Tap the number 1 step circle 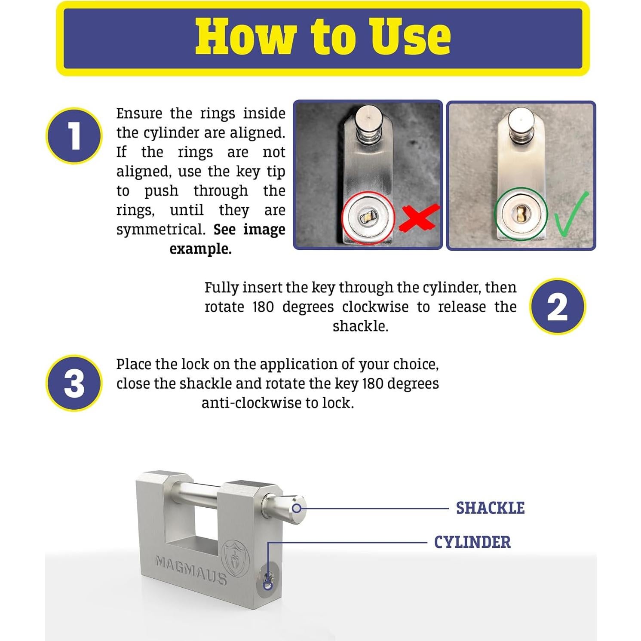coord(74,136)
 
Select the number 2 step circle coord(557,307)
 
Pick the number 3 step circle coord(74,383)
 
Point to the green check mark coord(571,215)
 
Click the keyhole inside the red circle coord(368,218)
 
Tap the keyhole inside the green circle coord(521,214)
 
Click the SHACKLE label coord(490,508)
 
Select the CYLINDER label coord(472,542)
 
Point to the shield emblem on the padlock coord(234,558)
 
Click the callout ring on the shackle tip coord(297,509)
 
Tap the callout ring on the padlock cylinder coord(268,585)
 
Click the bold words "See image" coord(249,229)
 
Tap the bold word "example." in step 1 coord(200,249)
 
